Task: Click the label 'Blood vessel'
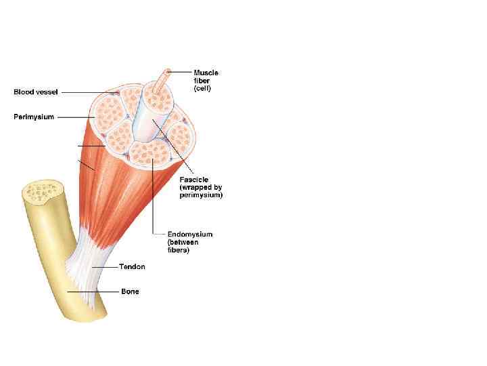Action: pyautogui.click(x=36, y=92)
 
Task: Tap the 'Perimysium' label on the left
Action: pyautogui.click(x=34, y=117)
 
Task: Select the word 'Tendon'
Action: pyautogui.click(x=132, y=267)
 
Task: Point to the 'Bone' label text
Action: pyautogui.click(x=130, y=291)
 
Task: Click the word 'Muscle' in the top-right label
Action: pyautogui.click(x=206, y=73)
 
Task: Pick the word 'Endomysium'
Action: pyautogui.click(x=190, y=235)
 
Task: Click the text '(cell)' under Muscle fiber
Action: pyautogui.click(x=202, y=89)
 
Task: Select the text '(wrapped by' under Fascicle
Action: pyautogui.click(x=201, y=187)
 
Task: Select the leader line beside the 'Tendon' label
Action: pyautogui.click(x=104, y=267)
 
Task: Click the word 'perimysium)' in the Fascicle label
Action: pyautogui.click(x=201, y=195)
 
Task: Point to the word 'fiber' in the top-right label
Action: pyautogui.click(x=201, y=81)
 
